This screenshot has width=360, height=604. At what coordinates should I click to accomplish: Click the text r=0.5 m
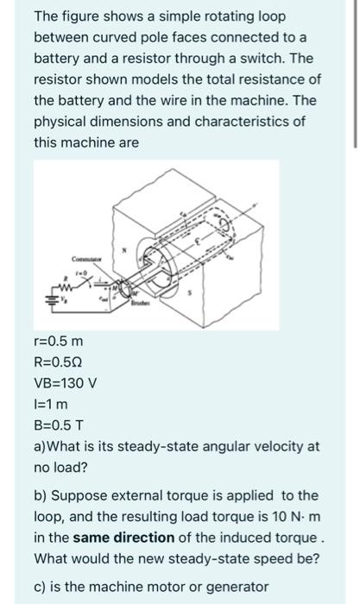tap(59, 343)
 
